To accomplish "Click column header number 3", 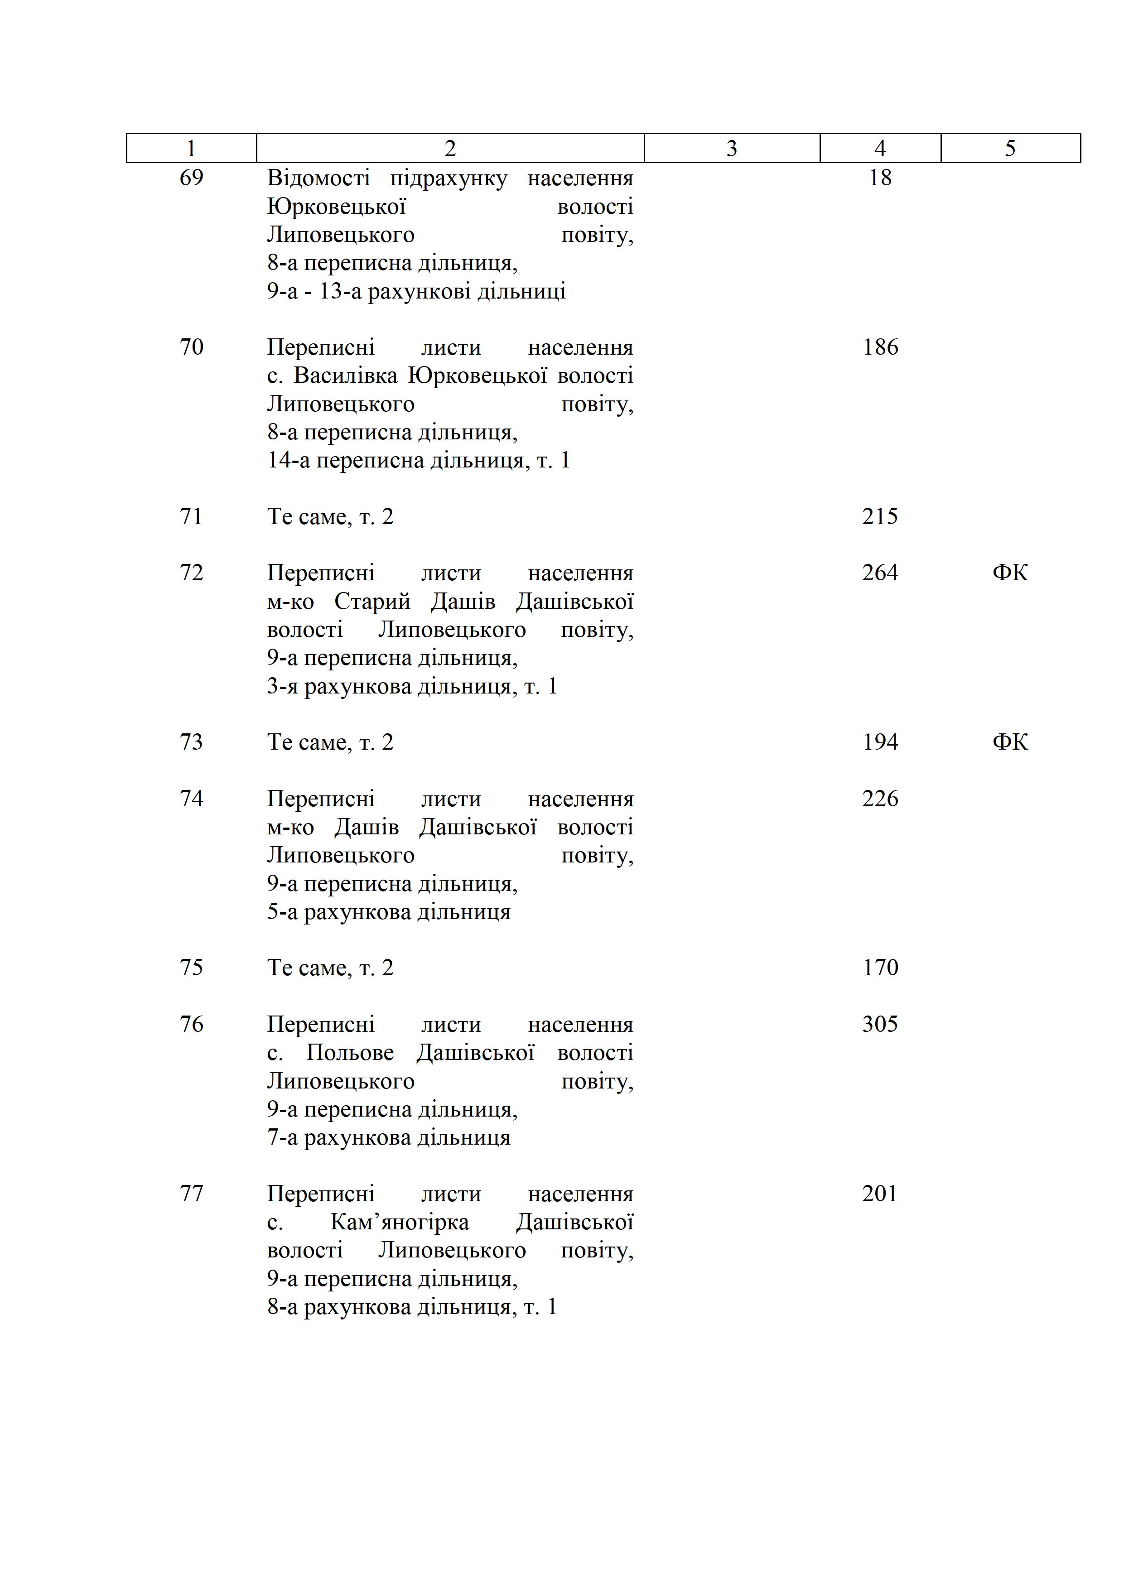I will [x=732, y=148].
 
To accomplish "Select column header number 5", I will [x=1010, y=148].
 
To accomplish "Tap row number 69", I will [x=191, y=178].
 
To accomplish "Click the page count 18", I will [x=880, y=178].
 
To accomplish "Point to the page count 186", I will [x=880, y=347].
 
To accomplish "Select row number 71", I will [x=191, y=516].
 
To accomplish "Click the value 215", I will [x=880, y=516].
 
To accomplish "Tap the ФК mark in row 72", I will [x=1010, y=573].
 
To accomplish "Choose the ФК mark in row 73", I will [x=1010, y=742].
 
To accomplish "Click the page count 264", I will [x=880, y=573].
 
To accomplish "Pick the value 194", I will [x=880, y=742].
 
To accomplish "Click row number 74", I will [x=191, y=799].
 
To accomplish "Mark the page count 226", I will [x=880, y=799].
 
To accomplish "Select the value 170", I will [x=880, y=968].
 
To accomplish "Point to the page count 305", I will [x=880, y=1024].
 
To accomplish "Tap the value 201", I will [x=880, y=1194].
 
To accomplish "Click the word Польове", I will [x=349, y=1053].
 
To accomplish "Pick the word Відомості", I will [x=318, y=178].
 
